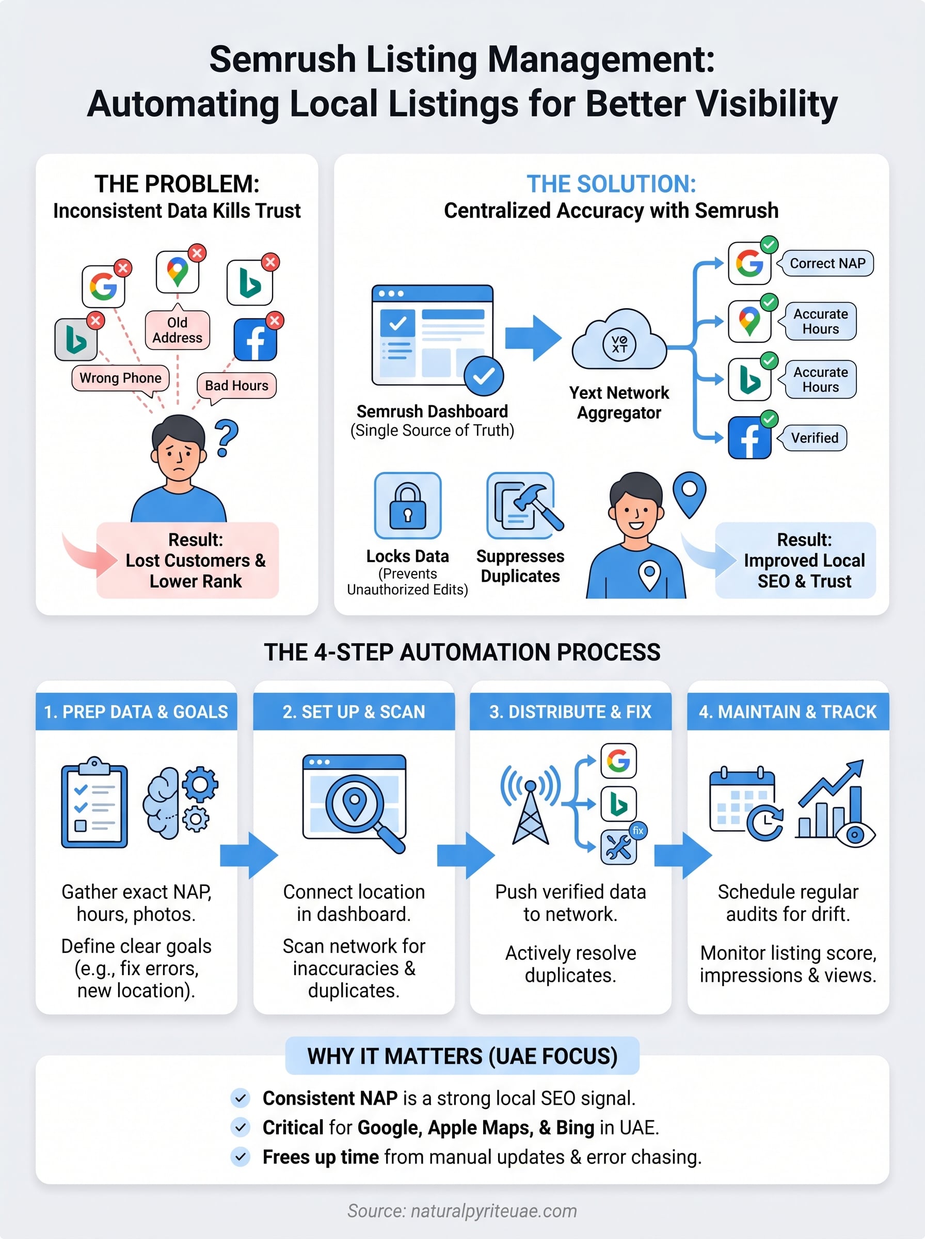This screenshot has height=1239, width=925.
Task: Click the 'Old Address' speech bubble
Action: point(177,330)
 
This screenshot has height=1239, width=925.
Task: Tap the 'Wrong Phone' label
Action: point(120,378)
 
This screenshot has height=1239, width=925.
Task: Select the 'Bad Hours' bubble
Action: point(236,385)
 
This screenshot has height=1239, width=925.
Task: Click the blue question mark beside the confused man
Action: point(226,438)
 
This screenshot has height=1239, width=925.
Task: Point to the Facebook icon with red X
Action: point(256,339)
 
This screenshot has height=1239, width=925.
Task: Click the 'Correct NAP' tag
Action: point(827,263)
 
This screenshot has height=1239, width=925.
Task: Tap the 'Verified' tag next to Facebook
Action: point(814,438)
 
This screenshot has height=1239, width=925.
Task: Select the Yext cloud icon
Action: point(619,342)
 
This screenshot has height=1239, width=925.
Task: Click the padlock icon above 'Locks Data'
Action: point(408,505)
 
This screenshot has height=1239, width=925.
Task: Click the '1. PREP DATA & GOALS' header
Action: point(136,711)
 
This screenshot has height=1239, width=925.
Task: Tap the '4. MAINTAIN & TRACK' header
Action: point(788,711)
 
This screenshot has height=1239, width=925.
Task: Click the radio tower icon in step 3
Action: point(530,806)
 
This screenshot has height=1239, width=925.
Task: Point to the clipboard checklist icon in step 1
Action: point(94,804)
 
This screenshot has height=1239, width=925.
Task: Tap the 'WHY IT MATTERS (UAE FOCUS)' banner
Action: point(462,1056)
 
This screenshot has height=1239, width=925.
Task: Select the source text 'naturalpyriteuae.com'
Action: point(494,1211)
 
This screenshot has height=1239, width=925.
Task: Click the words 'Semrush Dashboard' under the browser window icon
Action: point(432,411)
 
